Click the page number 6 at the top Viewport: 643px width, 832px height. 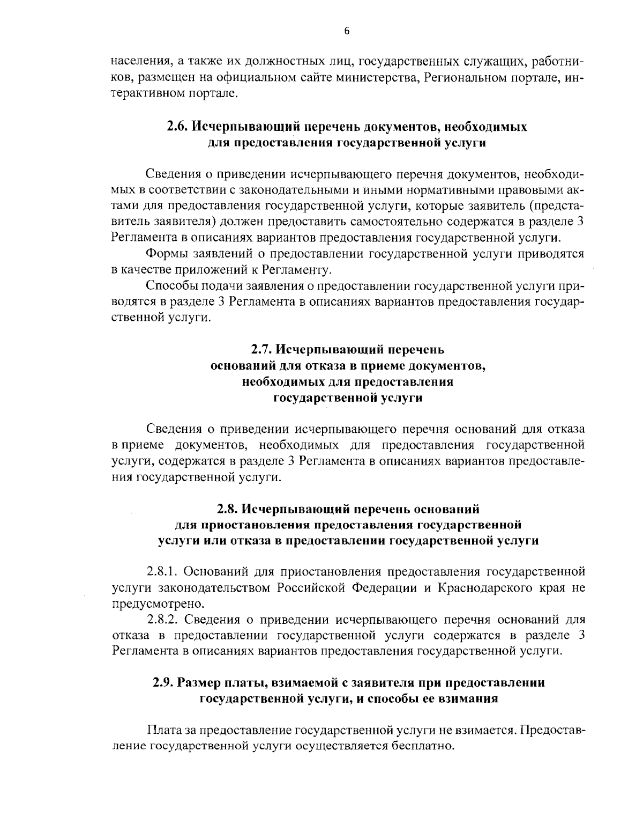[x=346, y=31]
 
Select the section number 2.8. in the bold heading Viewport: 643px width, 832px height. [x=228, y=508]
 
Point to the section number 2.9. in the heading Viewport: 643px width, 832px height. [x=162, y=683]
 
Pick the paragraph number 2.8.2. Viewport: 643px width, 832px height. [x=162, y=620]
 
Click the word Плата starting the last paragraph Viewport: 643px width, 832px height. [x=162, y=730]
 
